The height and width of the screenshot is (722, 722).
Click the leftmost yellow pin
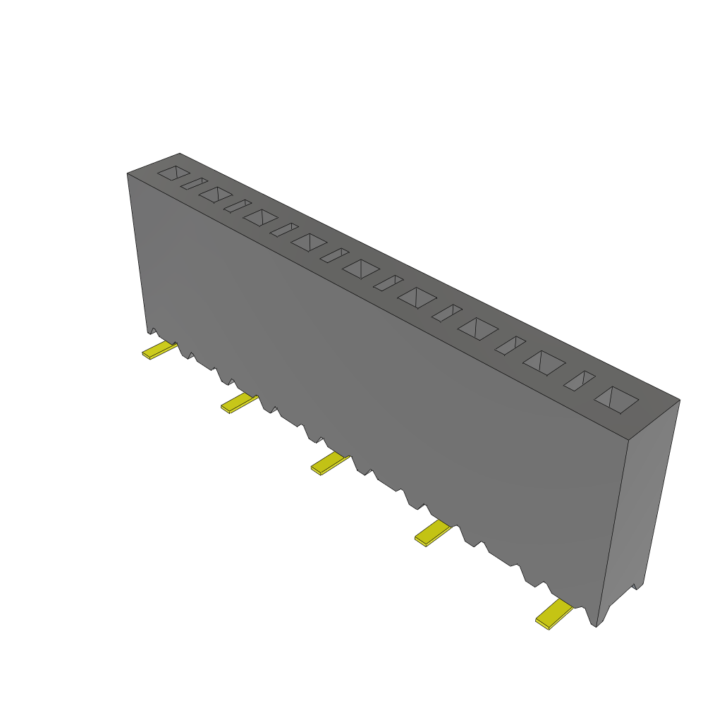point(159,350)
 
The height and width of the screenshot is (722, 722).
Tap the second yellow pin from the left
point(239,403)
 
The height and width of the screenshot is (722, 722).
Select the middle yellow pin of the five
point(330,463)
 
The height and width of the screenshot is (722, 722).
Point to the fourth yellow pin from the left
point(432,533)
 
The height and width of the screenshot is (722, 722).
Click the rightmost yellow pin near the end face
point(553,614)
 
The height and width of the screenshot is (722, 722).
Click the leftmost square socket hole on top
point(173,172)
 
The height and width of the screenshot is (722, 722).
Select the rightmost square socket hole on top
point(616,400)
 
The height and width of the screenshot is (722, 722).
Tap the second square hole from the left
point(216,194)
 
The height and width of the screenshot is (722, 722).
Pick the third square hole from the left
point(260,217)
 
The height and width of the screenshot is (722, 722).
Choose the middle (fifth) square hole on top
point(361,268)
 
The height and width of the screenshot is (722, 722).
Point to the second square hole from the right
point(544,362)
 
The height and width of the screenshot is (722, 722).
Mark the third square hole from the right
point(478,328)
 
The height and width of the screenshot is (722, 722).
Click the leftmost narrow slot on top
point(193,183)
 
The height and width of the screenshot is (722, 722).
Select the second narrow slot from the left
point(238,206)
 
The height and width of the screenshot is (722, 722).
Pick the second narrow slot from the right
point(510,345)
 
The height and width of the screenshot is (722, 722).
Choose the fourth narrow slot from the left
point(334,255)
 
